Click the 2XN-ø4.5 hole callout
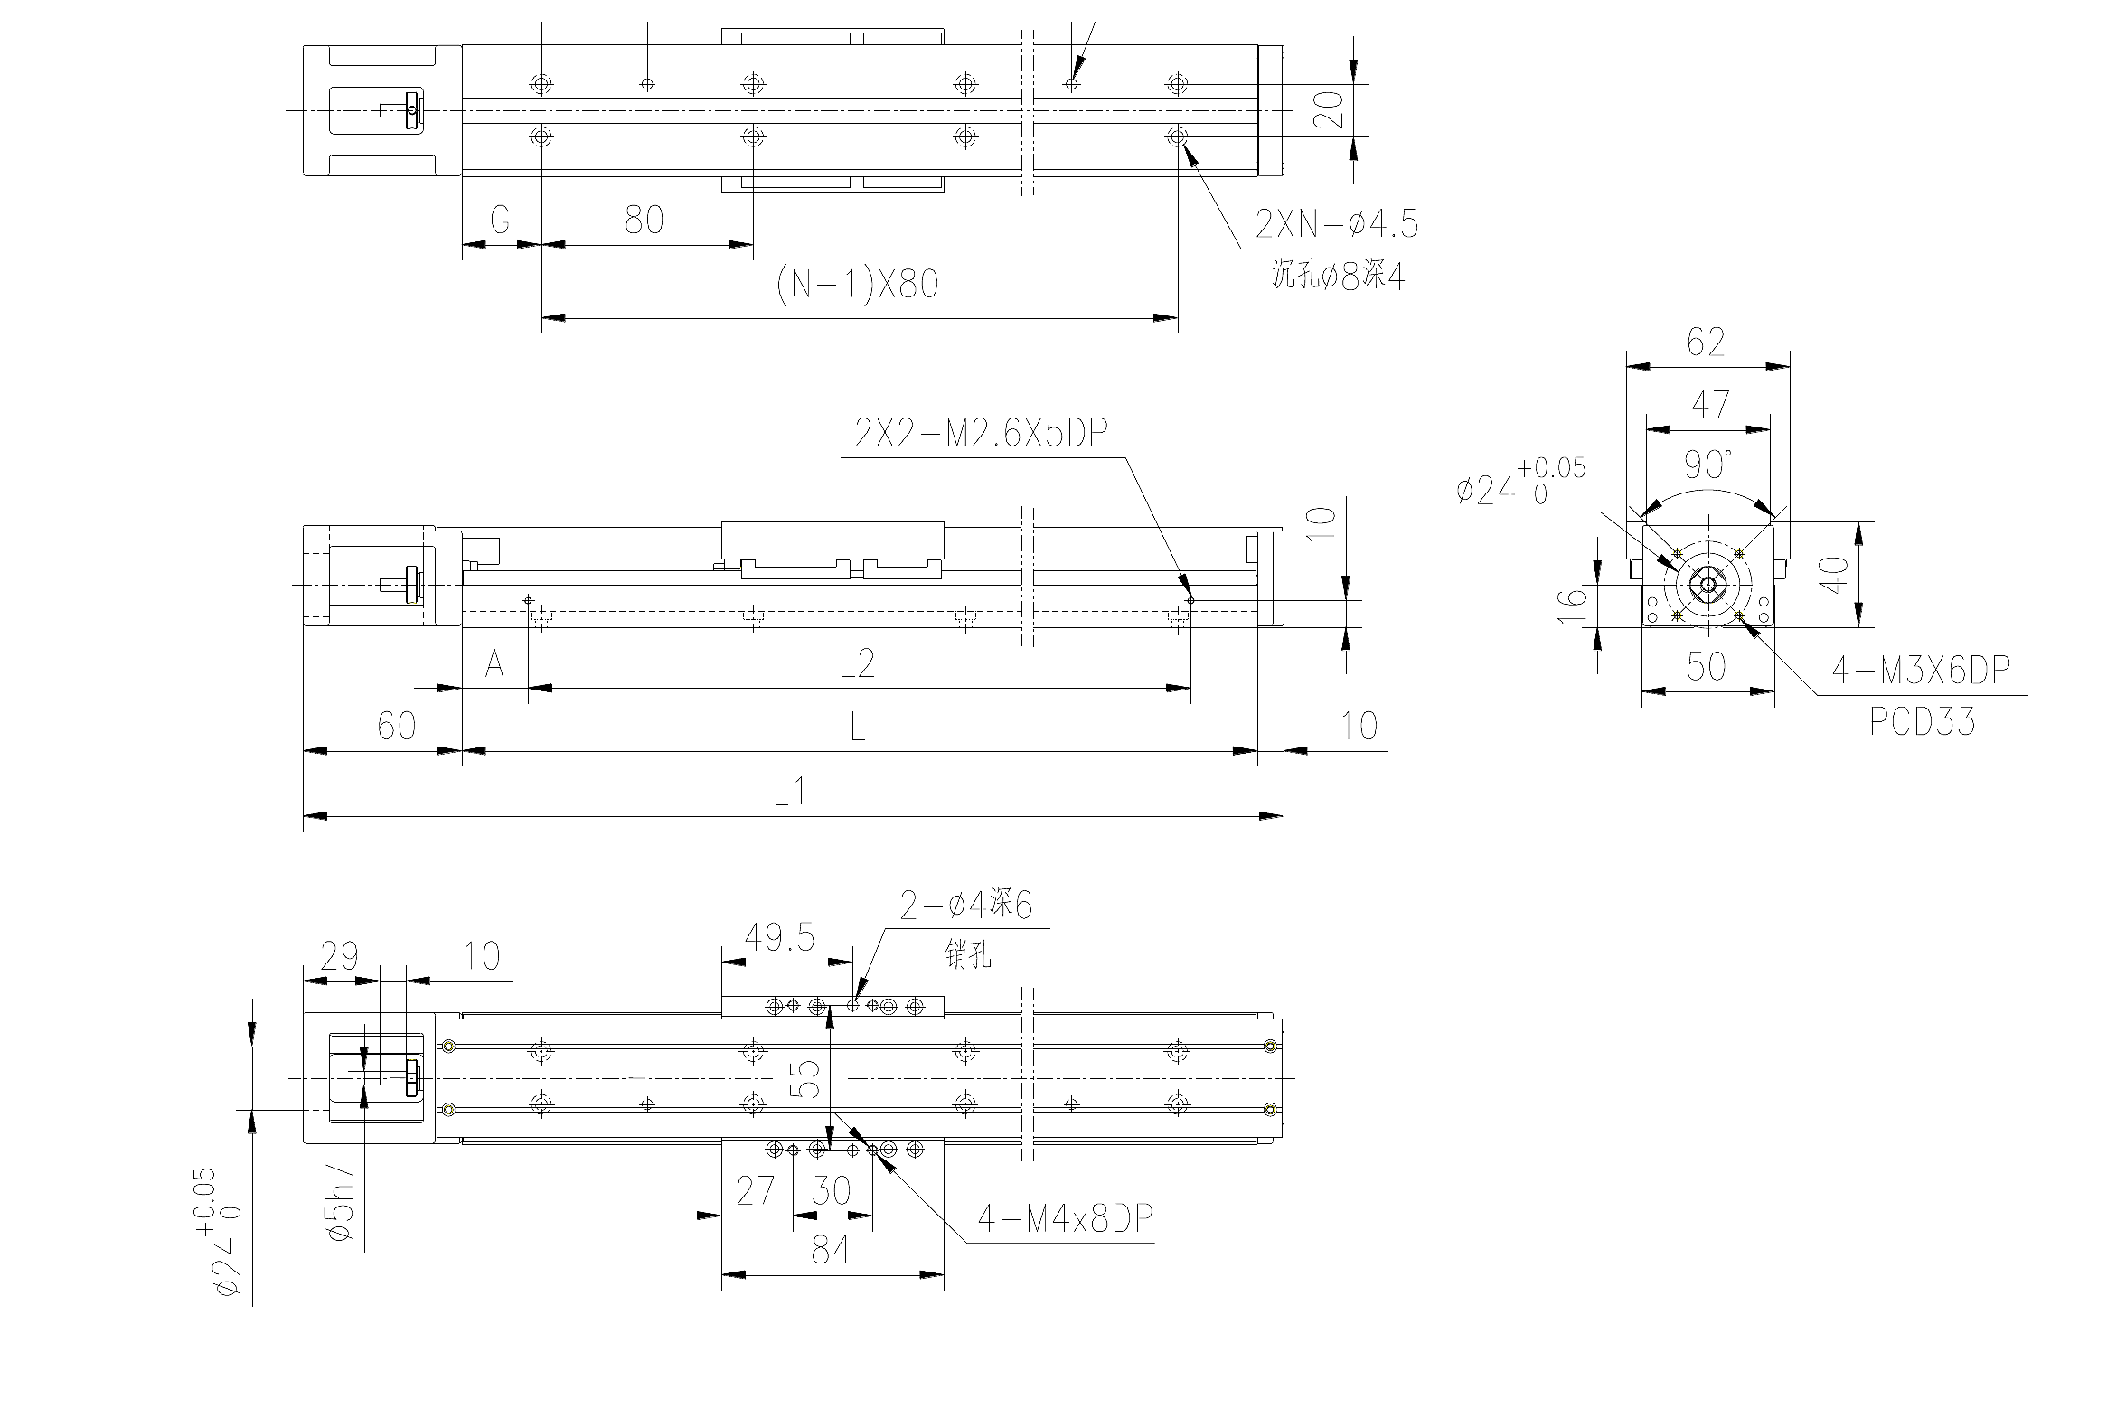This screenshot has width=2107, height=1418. tap(1337, 223)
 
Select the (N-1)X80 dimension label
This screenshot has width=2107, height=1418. tap(857, 284)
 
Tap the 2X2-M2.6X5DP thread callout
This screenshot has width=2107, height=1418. tap(981, 433)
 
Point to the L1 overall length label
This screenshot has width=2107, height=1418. tap(789, 793)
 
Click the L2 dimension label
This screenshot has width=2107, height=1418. tap(856, 663)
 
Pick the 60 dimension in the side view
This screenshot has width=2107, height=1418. tap(396, 727)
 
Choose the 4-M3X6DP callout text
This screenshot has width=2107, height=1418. tap(1921, 670)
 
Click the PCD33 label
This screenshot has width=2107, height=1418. tap(1922, 722)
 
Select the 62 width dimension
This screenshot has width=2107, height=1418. tap(1706, 342)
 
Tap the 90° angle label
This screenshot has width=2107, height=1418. tap(1707, 465)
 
